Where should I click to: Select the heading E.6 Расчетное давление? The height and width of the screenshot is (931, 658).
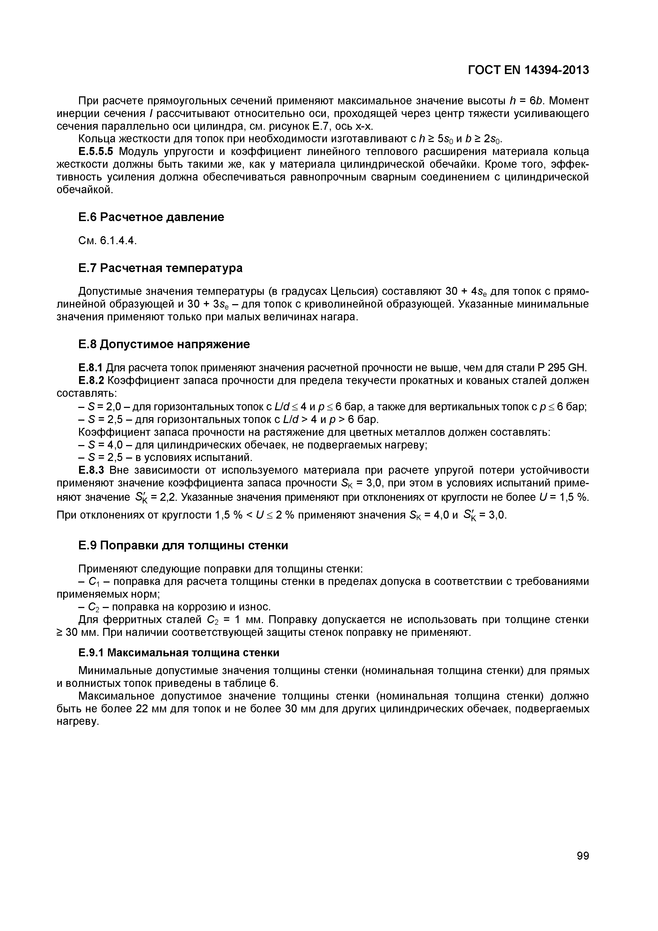tap(151, 217)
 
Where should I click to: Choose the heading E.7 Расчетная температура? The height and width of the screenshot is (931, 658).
tap(160, 268)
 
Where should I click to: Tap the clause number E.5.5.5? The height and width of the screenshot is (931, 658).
tap(97, 152)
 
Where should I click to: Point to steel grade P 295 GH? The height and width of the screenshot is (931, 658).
tap(561, 368)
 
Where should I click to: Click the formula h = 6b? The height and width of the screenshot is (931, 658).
tap(527, 101)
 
